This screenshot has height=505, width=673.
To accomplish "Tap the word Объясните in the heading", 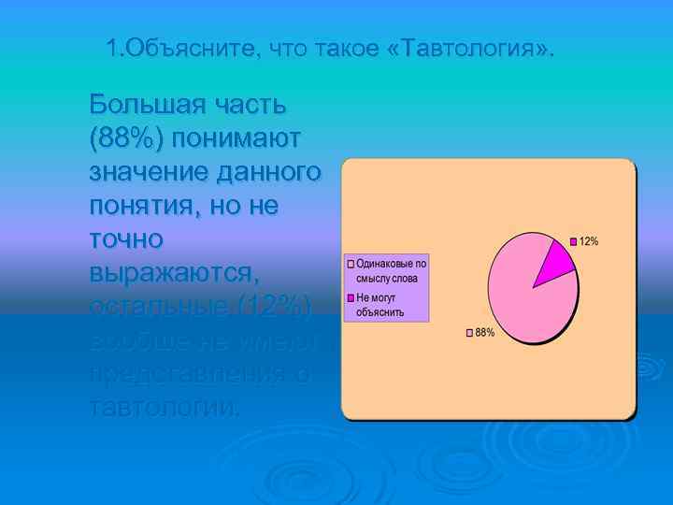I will (x=193, y=48).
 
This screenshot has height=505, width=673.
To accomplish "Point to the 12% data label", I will (x=589, y=241).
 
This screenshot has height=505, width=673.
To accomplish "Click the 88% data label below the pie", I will (x=484, y=333).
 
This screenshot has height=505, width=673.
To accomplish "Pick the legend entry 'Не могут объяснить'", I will (x=384, y=304).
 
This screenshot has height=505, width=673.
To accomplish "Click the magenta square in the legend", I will (x=351, y=297).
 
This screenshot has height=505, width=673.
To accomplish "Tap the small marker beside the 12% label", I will (x=575, y=241).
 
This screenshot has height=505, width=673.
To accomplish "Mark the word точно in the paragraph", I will (x=126, y=238).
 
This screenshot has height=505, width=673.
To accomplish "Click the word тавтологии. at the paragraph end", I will (x=165, y=407).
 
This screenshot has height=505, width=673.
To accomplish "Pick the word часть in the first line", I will (x=246, y=104).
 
